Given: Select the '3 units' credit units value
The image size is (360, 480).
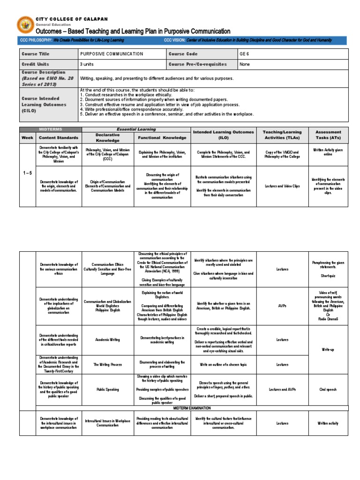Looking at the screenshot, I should coord(88,64).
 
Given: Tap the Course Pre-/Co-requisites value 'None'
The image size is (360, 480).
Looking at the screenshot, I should coord(245,64).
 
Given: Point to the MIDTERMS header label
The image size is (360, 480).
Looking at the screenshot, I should coord(51,129).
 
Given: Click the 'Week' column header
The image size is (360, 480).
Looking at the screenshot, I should coord(27,138).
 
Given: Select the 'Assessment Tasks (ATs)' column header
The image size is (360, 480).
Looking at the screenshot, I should coord(328,135).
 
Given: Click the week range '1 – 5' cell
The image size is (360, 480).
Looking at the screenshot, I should coord(27,173).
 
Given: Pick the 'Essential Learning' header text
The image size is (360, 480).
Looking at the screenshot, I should coord(135,129).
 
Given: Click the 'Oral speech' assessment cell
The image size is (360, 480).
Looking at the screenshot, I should coord(328,390).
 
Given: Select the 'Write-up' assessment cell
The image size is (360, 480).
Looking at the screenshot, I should coord(328,350).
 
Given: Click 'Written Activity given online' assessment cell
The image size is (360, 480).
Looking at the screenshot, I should coord(328,153).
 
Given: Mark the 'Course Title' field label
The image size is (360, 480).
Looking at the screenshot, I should coord(35,54).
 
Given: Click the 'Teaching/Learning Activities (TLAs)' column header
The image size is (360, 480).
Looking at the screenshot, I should coord(282,135).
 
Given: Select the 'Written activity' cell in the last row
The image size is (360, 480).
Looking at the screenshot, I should coord(328,423).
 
